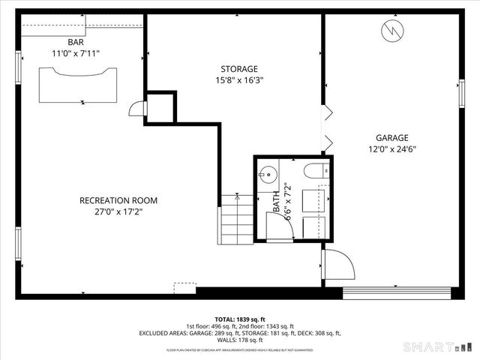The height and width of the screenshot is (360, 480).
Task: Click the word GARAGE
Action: point(391,137)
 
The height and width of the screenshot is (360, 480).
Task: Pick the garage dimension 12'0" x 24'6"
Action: point(391,148)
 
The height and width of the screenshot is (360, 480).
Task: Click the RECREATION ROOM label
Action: point(118,200)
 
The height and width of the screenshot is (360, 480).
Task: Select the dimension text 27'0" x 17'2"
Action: point(118,211)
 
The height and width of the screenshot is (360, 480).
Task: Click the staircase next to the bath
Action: point(236,217)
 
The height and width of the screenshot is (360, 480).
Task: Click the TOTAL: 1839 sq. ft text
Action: point(240,318)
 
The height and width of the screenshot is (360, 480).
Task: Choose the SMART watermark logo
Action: point(437,348)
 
